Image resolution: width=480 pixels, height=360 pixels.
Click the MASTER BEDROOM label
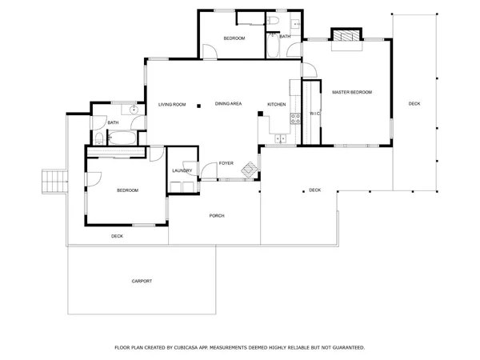[352, 93]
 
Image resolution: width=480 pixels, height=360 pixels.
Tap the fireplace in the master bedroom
[346, 37]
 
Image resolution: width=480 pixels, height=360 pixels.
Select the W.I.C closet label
[314, 114]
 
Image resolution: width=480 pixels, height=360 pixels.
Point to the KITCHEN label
[276, 104]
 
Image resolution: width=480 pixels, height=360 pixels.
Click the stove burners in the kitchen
[294, 117]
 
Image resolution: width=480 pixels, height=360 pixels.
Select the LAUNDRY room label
[180, 170]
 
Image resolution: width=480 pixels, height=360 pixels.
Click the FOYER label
[226, 163]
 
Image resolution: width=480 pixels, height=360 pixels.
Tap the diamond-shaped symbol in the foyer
[250, 169]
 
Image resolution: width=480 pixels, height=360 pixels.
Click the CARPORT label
[142, 282]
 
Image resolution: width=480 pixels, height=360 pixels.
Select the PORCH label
[216, 216]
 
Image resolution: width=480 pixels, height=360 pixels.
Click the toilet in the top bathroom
[272, 21]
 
